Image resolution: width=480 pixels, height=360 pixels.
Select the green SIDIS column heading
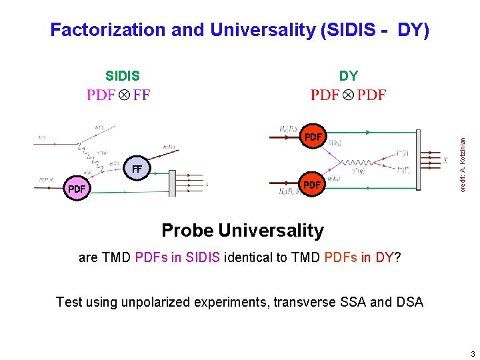click(123, 76)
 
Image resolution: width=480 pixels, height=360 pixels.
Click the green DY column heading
click(348, 76)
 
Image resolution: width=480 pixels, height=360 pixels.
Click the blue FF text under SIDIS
click(141, 95)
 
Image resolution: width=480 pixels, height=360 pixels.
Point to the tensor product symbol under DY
click(348, 95)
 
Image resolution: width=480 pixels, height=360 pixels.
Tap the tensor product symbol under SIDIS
click(124, 95)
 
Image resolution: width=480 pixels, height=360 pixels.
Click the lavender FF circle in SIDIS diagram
click(137, 169)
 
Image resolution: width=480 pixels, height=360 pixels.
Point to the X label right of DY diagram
click(445, 161)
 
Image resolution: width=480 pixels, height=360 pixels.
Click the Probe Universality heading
click(243, 231)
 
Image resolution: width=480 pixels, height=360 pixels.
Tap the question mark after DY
click(397, 257)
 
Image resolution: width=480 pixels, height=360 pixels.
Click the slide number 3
click(472, 353)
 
